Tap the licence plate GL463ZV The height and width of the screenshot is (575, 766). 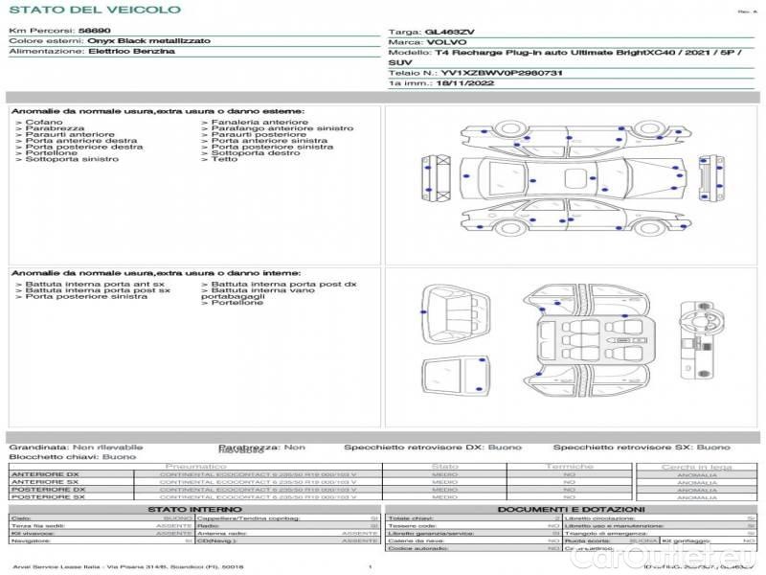point(449,33)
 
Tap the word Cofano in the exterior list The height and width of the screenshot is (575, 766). point(43,123)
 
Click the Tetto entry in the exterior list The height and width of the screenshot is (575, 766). point(224,159)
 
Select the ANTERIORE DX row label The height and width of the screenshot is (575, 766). point(44,474)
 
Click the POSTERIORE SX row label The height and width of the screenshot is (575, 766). point(45,497)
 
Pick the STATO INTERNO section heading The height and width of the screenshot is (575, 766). point(194,509)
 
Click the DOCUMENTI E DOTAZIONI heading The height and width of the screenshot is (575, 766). point(570,509)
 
